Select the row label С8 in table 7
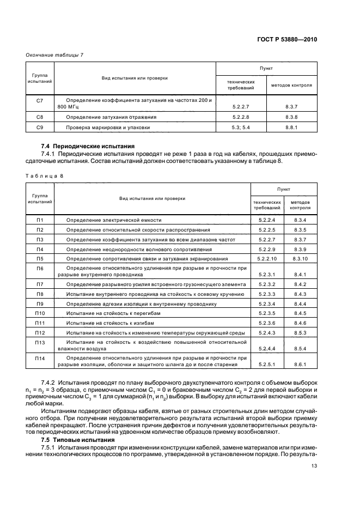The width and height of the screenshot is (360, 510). tap(39, 117)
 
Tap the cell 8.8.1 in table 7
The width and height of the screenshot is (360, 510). tap(292, 127)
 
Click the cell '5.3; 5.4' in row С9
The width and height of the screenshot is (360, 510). tap(240, 127)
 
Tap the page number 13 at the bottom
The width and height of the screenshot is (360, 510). tap(314, 465)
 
